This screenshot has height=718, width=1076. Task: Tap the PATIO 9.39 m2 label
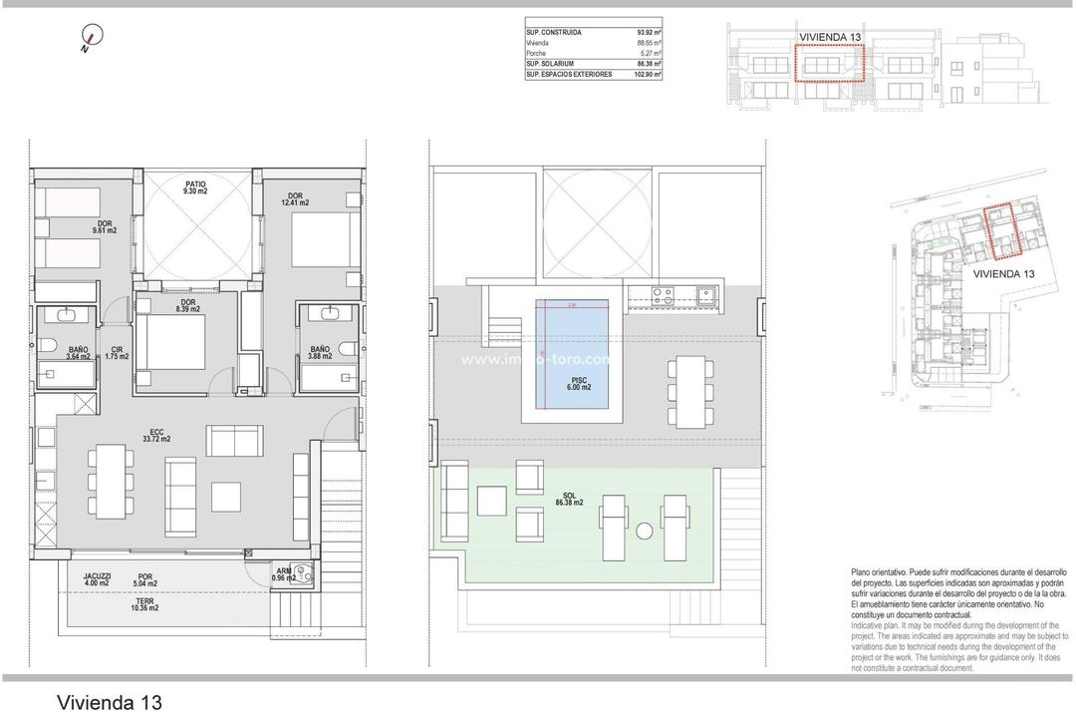pos(195,187)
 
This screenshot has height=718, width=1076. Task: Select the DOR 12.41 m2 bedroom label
pos(295,199)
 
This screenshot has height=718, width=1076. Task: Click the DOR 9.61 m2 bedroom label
pos(105,227)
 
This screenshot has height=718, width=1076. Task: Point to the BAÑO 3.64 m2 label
pos(79,353)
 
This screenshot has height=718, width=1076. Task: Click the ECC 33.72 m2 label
pos(156,436)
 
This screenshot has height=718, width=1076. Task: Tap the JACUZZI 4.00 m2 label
pos(97,579)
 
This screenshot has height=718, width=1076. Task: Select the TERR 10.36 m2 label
pos(144,604)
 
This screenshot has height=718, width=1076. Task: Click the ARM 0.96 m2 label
pos(284,575)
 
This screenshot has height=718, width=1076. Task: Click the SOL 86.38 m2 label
pos(569,499)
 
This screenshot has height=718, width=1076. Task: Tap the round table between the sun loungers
pos(645,530)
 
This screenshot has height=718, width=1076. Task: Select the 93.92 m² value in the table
pos(647,33)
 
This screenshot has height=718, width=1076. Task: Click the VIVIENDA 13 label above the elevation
pos(829,37)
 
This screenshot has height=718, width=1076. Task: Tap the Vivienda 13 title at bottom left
pos(110,702)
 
